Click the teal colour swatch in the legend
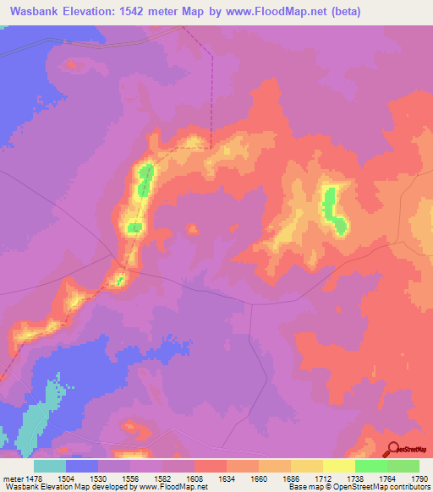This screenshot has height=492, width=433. (x=50, y=466)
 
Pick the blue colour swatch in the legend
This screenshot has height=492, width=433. (x=82, y=466)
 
